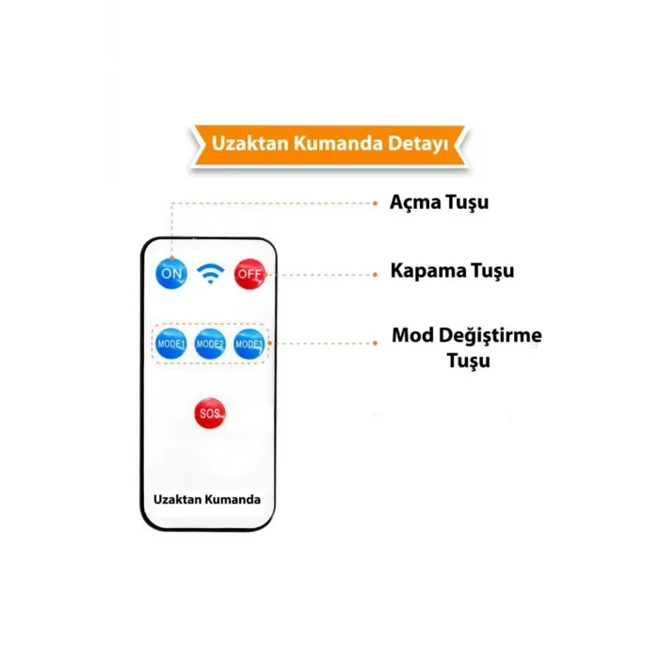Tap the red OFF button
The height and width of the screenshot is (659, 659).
(x=249, y=273)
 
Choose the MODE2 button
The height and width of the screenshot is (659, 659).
(x=210, y=344)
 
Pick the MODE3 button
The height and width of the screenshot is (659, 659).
(x=249, y=344)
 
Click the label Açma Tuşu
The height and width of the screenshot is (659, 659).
(x=439, y=202)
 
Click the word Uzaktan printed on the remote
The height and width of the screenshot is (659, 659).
(x=177, y=499)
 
